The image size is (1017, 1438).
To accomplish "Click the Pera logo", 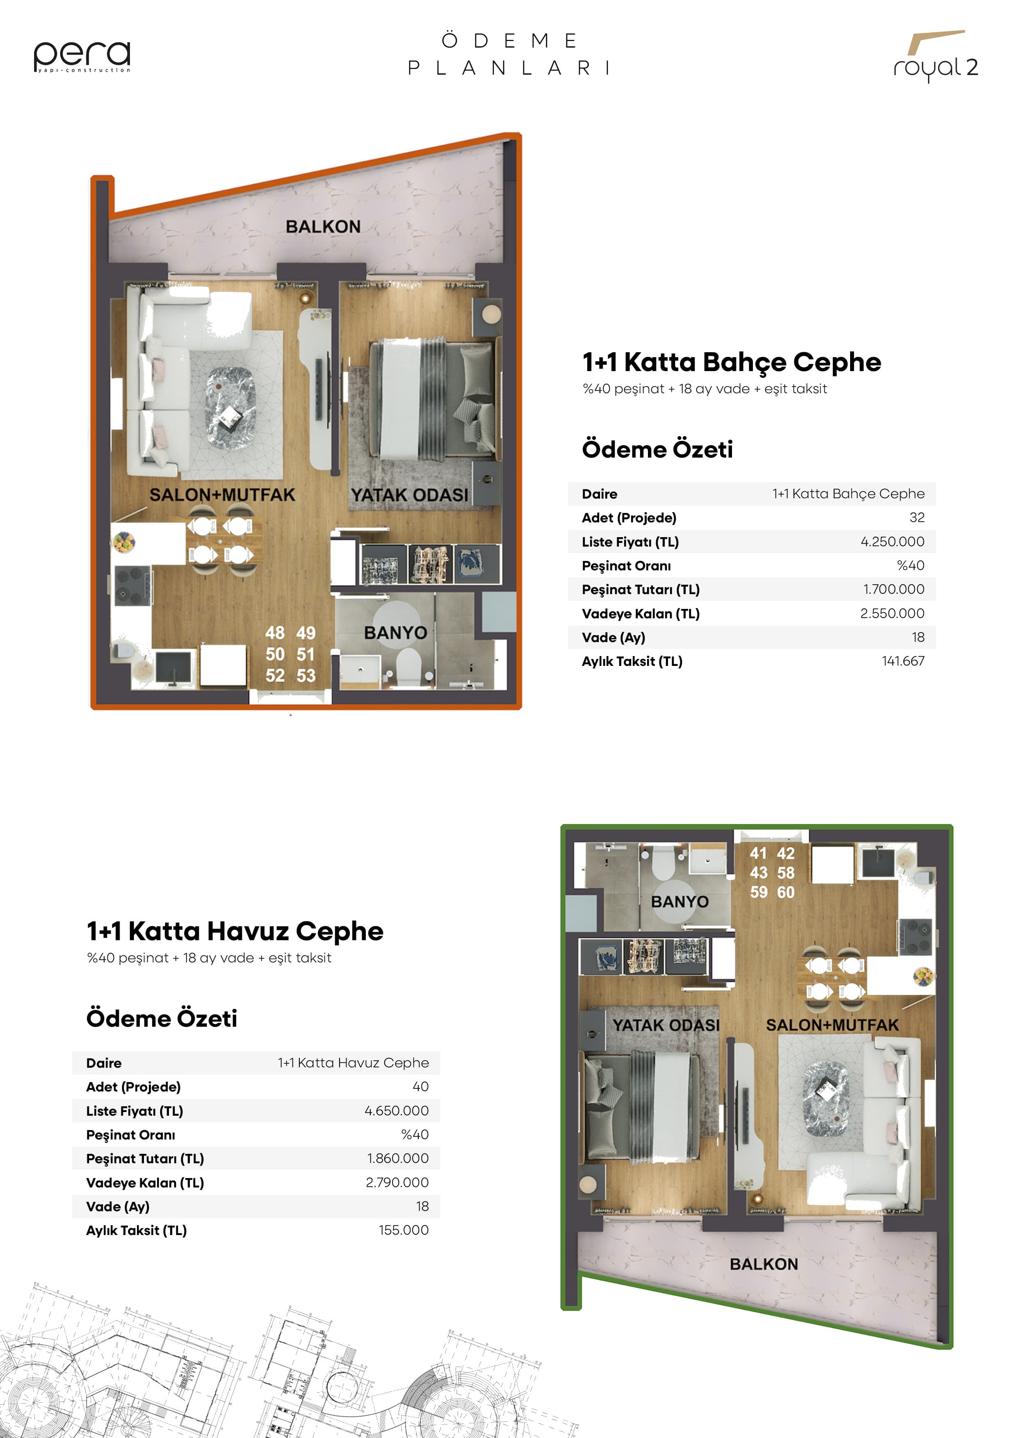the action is click(82, 56).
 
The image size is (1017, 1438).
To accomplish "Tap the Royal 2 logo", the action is click(935, 56).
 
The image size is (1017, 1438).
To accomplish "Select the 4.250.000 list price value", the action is click(892, 542).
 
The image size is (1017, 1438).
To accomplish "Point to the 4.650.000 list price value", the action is click(397, 1110).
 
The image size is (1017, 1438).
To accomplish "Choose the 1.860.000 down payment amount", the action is click(398, 1158).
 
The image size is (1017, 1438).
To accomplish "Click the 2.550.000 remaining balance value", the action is click(892, 613).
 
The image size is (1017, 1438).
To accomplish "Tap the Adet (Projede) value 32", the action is click(917, 517).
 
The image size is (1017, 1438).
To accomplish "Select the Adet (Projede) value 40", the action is click(421, 1087).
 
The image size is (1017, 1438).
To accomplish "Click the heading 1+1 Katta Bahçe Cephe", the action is click(732, 362).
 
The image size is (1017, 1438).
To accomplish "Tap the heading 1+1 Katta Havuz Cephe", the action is click(235, 931).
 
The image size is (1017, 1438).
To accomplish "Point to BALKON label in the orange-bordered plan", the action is click(323, 227).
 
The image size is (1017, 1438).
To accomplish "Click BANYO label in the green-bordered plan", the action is click(680, 902).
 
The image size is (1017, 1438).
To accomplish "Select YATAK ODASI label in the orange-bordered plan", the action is click(410, 495).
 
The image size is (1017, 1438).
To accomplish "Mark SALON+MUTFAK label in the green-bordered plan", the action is click(832, 1025).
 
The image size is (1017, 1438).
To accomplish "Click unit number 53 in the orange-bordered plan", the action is click(306, 676).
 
